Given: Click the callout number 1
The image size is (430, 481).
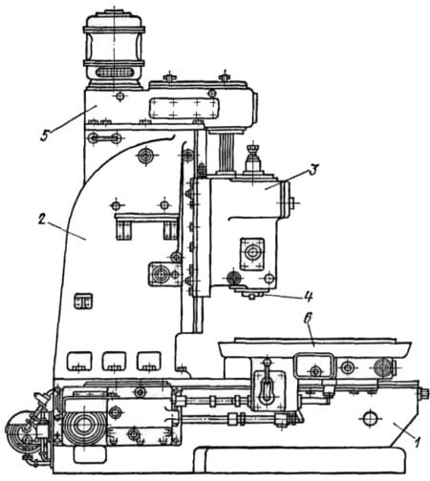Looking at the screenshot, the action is click(x=416, y=442).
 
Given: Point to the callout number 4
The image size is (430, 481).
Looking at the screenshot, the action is click(x=308, y=296).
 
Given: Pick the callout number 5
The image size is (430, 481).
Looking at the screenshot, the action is click(x=44, y=136).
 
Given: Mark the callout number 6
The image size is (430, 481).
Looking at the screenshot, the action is click(x=307, y=320).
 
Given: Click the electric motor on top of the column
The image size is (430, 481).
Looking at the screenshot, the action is click(x=114, y=50).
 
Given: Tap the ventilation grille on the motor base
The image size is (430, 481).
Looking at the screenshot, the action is click(x=114, y=73).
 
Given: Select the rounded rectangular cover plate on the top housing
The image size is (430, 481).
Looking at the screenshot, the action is click(x=184, y=108).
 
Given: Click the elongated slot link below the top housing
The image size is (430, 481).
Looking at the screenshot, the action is click(x=105, y=138).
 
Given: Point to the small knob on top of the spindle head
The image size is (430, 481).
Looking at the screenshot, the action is click(x=253, y=159).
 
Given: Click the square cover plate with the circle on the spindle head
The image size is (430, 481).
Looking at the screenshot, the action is click(x=252, y=254).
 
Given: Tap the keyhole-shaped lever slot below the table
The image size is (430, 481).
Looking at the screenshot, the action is click(x=267, y=386).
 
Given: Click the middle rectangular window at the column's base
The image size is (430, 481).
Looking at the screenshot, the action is click(x=114, y=362).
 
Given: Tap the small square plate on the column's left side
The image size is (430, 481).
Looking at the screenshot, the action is click(x=83, y=301).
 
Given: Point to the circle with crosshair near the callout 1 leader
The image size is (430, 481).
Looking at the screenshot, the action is click(x=370, y=420).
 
